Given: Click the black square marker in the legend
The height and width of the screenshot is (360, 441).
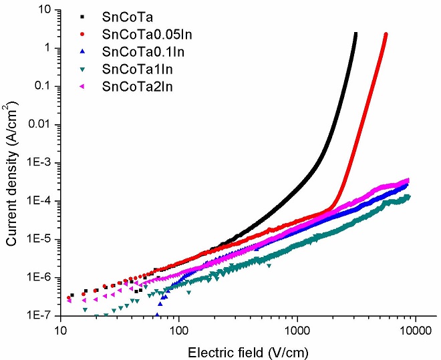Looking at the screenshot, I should (x=82, y=17).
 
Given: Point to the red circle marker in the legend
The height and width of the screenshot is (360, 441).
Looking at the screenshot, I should (x=82, y=34).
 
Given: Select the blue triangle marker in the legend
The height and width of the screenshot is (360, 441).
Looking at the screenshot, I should (x=82, y=51).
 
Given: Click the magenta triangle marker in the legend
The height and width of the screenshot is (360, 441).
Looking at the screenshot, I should (x=82, y=86).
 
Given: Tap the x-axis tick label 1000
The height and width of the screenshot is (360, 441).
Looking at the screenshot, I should (x=297, y=329).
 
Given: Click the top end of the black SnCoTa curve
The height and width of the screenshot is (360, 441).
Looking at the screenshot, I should (x=355, y=33).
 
